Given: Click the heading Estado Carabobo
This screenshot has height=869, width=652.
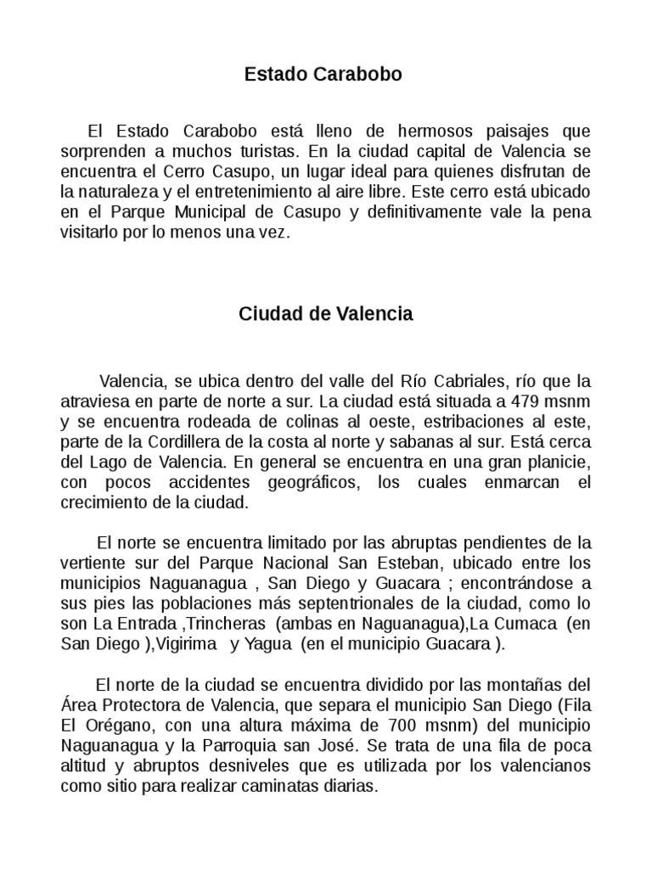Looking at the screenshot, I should (x=323, y=75).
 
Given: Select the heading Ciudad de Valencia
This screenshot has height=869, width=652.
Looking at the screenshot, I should (x=326, y=314).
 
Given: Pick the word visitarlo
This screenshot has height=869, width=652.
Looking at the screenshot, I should (x=91, y=231).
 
